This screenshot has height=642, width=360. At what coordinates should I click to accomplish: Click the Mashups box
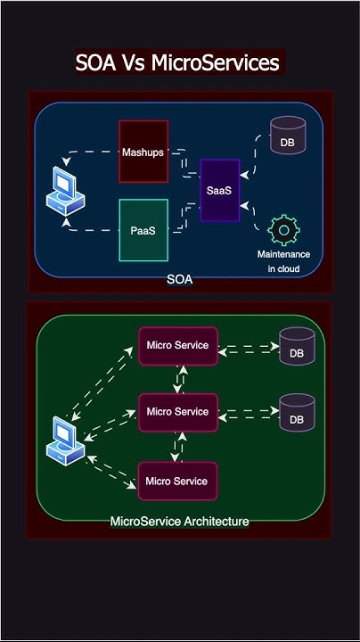tap(143, 151)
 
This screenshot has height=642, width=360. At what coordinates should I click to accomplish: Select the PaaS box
tap(143, 229)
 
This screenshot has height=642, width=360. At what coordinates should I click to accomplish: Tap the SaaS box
tap(220, 191)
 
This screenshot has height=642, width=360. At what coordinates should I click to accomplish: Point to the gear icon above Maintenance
tap(283, 231)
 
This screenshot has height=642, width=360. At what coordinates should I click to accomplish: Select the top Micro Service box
tap(177, 345)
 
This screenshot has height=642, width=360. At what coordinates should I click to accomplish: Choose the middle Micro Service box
tap(177, 412)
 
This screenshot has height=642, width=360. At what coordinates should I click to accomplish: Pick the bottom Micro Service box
tap(177, 481)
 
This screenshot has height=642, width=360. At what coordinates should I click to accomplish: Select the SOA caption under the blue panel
tap(179, 279)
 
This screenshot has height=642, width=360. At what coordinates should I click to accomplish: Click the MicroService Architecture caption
tap(179, 521)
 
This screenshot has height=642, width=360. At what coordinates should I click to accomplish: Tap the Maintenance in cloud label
tap(283, 261)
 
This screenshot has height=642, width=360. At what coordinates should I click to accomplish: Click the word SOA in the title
tap(95, 63)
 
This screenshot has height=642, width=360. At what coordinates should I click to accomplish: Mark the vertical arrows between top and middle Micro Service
tap(181, 379)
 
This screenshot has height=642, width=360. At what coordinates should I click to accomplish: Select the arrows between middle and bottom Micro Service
tap(181, 447)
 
